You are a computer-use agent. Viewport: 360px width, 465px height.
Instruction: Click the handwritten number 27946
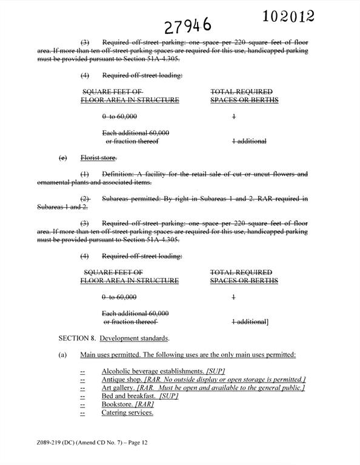188,25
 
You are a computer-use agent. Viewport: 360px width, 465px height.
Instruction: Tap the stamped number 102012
288,16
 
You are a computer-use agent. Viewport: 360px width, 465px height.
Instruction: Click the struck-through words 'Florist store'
99,158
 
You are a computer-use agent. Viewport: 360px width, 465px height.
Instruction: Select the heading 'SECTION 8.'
77,338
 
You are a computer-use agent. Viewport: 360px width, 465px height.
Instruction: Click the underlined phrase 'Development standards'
135,338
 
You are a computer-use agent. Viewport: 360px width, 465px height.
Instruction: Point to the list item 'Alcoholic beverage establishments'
152,371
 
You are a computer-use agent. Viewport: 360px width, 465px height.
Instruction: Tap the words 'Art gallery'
118,387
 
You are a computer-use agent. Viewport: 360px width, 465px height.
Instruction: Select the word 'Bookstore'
118,404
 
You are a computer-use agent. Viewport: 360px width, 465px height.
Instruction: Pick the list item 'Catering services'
127,413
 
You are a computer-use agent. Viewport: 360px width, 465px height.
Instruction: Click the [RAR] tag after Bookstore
145,404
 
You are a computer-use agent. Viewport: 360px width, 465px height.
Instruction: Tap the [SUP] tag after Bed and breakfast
168,396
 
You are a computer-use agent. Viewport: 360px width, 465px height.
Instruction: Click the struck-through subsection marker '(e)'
62,158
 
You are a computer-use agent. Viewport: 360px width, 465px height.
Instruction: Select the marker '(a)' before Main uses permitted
62,354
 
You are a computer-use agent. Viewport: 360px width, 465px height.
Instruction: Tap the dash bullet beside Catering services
82,413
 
